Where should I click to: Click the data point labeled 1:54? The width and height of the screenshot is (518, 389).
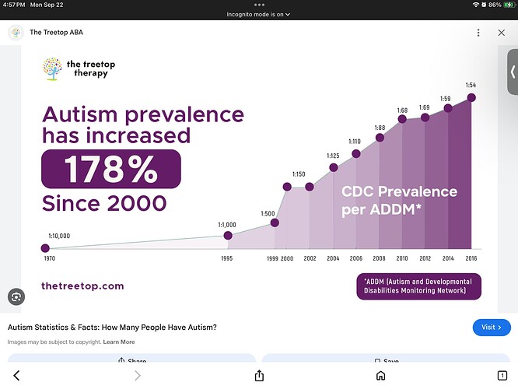[x=471, y=97]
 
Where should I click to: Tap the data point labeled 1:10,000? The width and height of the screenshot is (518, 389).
[x=44, y=248]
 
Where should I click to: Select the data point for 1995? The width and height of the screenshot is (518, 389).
[x=228, y=236]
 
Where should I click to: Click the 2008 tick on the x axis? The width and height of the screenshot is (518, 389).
[x=380, y=258]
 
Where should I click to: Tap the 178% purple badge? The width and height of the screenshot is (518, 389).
[x=110, y=169]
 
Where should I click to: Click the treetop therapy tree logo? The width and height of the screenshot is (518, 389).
[x=52, y=68]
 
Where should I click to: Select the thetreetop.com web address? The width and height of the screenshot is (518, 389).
[x=82, y=286]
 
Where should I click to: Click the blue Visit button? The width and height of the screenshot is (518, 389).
[x=492, y=328]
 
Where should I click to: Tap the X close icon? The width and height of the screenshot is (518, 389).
[x=502, y=33]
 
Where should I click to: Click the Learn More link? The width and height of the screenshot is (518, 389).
[x=119, y=342]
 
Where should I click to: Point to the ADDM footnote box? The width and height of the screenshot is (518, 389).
[x=418, y=286]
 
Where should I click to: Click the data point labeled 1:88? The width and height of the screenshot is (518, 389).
[x=380, y=138]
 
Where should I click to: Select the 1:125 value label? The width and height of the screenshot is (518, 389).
[x=334, y=156]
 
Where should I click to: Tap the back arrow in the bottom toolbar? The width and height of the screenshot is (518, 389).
[x=16, y=376]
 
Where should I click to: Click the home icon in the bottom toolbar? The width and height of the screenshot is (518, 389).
[x=380, y=376]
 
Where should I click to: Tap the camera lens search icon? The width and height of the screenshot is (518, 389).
[x=16, y=296]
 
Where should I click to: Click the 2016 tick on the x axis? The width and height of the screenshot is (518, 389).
[x=471, y=258]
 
